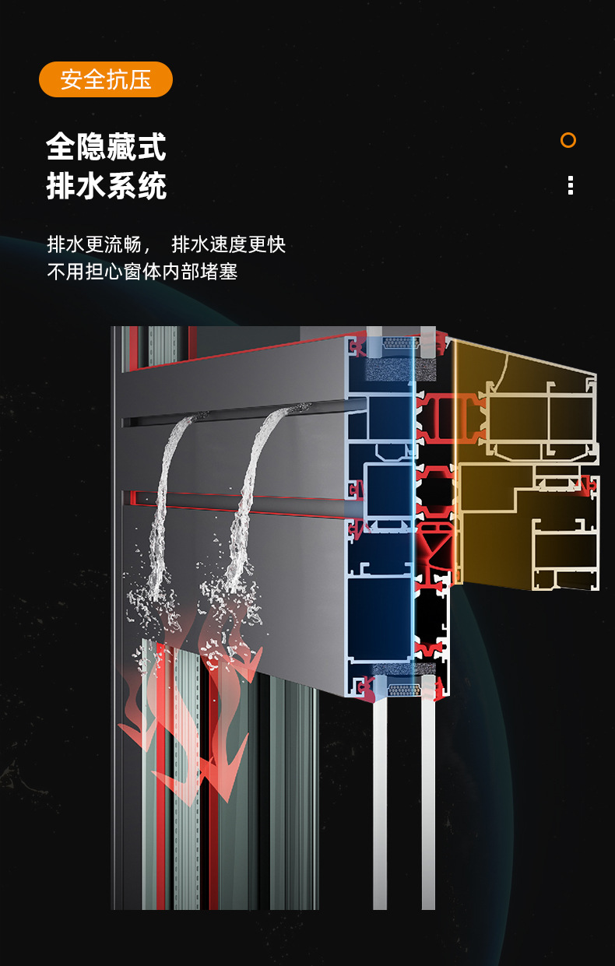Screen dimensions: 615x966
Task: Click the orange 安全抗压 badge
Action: pyautogui.click(x=106, y=79)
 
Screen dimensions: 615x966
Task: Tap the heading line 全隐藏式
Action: pyautogui.click(x=106, y=146)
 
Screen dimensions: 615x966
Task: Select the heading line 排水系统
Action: pyautogui.click(x=107, y=185)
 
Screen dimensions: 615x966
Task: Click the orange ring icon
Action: pyautogui.click(x=568, y=140)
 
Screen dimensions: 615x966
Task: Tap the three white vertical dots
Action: pyautogui.click(x=571, y=185)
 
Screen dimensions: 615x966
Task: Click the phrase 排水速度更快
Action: pyautogui.click(x=229, y=244)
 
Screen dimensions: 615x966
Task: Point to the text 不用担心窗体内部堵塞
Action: pyautogui.click(x=142, y=272)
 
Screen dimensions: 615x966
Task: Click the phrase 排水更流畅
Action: pyautogui.click(x=94, y=244)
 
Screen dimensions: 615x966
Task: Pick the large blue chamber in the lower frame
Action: pyautogui.click(x=380, y=617)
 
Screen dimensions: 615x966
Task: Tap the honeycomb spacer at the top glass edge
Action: pyautogui.click(x=401, y=343)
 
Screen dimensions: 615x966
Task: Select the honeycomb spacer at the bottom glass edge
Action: pyautogui.click(x=404, y=690)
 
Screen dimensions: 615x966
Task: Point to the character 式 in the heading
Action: pyautogui.click(x=152, y=146)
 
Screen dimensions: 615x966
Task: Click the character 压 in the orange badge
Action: pyautogui.click(x=140, y=79)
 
